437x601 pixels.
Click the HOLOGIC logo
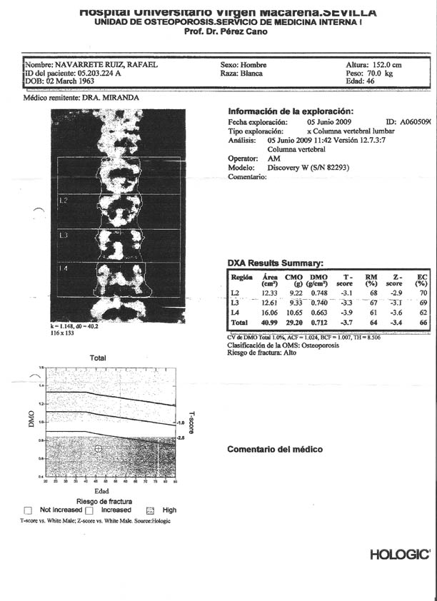coord(400,555)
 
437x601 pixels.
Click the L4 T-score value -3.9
coord(348,313)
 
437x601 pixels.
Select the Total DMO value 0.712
coord(319,323)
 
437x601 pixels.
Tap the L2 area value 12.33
coord(268,293)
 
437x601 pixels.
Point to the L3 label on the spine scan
coord(64,234)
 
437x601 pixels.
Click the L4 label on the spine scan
coord(64,268)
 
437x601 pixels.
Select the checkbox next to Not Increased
coord(28,511)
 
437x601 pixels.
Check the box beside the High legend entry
coord(150,511)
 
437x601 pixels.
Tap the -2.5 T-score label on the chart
coord(181,437)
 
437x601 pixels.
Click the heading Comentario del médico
coord(274,450)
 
